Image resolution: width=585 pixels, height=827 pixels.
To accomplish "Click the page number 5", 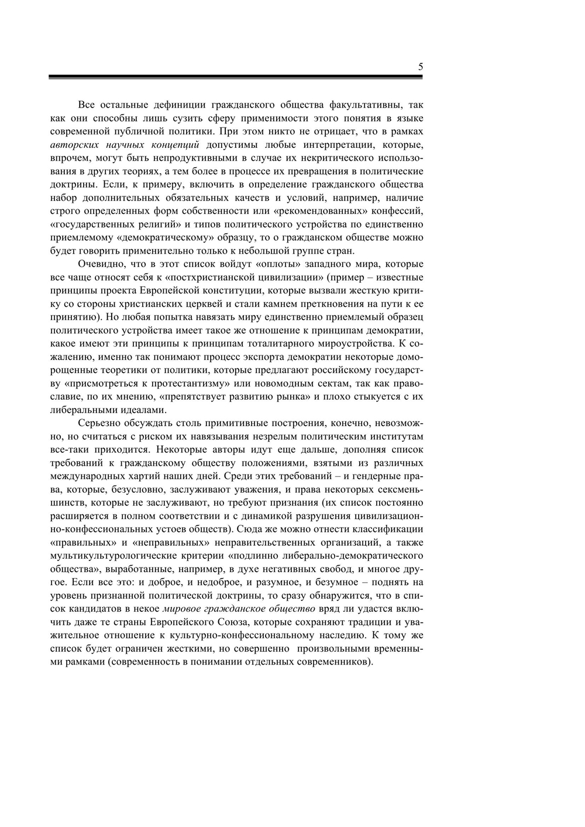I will pyautogui.click(x=420, y=67).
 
